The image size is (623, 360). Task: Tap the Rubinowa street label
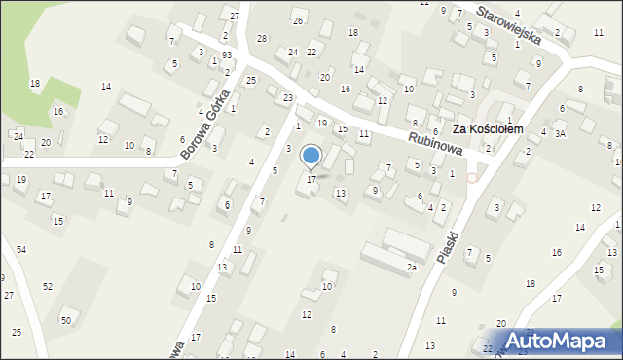pyautogui.click(x=429, y=141)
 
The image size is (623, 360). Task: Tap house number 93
pyautogui.click(x=226, y=54)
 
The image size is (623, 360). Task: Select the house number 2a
pyautogui.click(x=412, y=267)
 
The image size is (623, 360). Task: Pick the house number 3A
pyautogui.click(x=560, y=133)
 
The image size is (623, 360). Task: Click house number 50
pyautogui.click(x=66, y=320)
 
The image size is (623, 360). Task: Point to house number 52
pyautogui.click(x=47, y=286)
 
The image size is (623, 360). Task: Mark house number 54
pyautogui.click(x=20, y=250)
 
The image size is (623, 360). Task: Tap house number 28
pyautogui.click(x=261, y=38)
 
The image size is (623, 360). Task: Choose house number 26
pyautogui.click(x=298, y=20)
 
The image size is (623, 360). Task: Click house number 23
pyautogui.click(x=288, y=98)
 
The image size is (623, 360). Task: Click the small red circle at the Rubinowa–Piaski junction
pyautogui.click(x=472, y=177)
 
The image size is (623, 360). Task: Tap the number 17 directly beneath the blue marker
pyautogui.click(x=311, y=180)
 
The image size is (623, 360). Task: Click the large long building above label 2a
pyautogui.click(x=395, y=246)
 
